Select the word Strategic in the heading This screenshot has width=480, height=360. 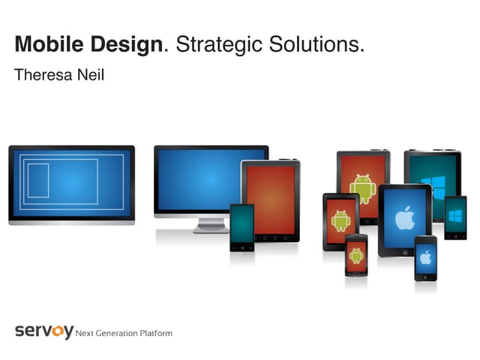[218, 45]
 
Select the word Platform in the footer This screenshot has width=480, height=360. [155, 333]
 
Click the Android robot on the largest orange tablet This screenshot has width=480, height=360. [363, 187]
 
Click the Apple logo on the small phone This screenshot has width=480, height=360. [425, 257]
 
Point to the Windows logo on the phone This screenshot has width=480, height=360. [455, 215]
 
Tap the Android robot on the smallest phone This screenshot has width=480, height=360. [356, 254]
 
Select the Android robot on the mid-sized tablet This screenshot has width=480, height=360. [341, 220]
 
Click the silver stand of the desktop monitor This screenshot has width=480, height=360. [211, 224]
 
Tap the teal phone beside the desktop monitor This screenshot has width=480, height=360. [241, 225]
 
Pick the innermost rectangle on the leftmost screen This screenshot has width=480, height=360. [38, 180]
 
